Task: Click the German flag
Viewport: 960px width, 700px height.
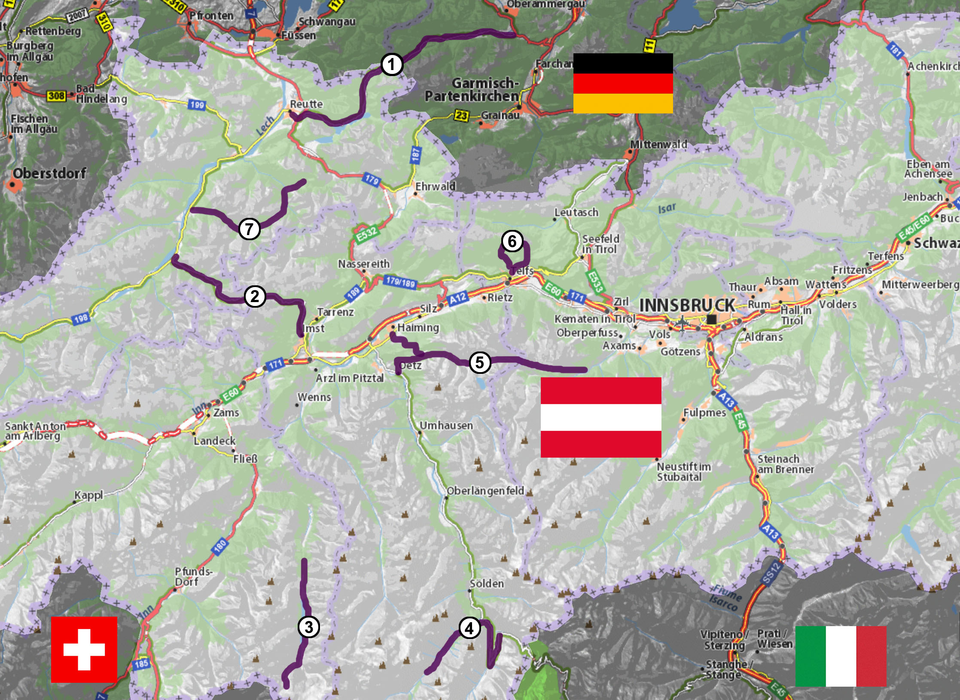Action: point(623,83)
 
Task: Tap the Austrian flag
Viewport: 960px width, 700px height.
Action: point(600,417)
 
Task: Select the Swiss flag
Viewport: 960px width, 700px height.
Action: point(84,649)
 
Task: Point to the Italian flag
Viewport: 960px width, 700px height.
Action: point(841,656)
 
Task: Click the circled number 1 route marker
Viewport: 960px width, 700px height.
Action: point(391,65)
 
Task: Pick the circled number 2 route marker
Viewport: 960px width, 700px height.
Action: point(255,297)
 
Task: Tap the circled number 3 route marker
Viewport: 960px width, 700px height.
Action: point(308,627)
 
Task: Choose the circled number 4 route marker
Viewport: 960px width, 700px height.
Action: point(469,628)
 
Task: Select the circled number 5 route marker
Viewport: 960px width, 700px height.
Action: point(480,362)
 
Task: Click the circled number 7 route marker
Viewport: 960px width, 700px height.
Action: point(249,229)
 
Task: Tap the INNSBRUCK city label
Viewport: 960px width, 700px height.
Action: point(687,306)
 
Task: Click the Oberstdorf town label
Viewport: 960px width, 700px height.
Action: point(49,174)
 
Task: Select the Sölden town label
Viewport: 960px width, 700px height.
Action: point(486,584)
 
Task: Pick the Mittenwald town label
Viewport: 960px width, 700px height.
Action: point(658,144)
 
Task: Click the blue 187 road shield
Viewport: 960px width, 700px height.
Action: point(415,155)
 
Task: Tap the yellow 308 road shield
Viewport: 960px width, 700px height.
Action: point(56,95)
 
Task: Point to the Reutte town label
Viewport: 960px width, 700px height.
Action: point(306,104)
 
